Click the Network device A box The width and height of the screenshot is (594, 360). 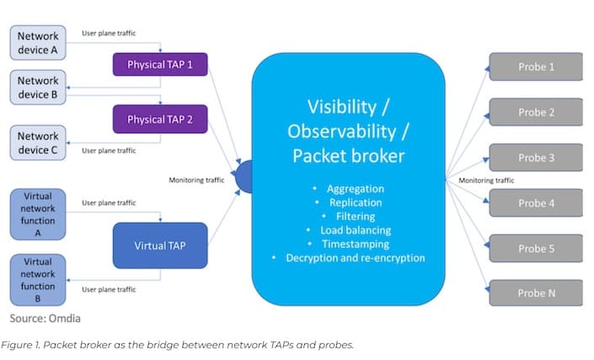point(38,43)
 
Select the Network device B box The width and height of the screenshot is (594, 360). point(38,89)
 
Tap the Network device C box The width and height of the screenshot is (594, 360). point(38,142)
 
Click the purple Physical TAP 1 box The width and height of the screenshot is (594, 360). point(160,64)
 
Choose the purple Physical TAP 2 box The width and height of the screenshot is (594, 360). point(160,120)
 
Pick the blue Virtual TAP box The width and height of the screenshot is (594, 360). point(160,245)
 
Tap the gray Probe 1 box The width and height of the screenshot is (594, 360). point(536,67)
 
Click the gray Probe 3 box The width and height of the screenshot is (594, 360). point(536,158)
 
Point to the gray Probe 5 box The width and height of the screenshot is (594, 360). point(536,249)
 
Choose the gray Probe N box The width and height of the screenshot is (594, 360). point(536,293)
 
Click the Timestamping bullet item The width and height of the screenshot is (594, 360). point(355,244)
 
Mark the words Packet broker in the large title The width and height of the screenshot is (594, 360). point(348,156)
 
